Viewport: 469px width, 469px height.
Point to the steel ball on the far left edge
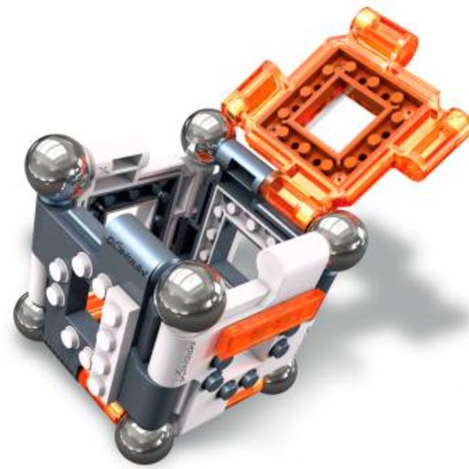29,315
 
